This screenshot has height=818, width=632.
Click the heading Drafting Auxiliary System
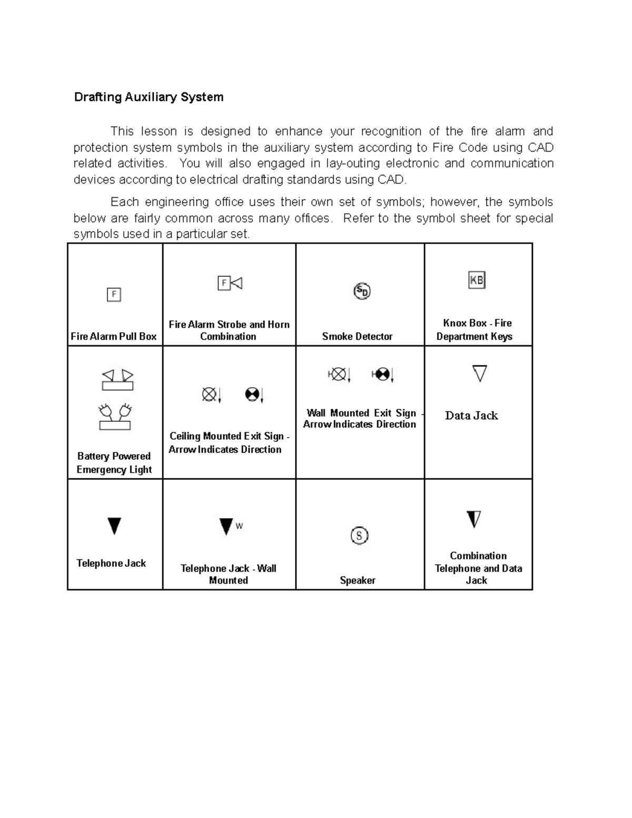tap(149, 97)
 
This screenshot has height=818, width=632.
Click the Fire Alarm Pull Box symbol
tap(114, 294)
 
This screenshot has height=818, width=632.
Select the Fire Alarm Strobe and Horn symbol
tap(230, 283)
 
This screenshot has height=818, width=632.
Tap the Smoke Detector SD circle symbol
tap(362, 291)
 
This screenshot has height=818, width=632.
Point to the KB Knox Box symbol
tap(477, 280)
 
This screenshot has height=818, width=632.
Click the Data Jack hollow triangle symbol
tap(479, 373)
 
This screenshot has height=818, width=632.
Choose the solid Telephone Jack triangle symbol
tap(114, 526)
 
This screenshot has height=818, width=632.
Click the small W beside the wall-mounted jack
tap(239, 526)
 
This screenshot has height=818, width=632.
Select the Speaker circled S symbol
tap(359, 536)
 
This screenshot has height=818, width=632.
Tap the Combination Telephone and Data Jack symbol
tap(474, 519)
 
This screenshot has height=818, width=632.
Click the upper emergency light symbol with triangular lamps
tap(117, 380)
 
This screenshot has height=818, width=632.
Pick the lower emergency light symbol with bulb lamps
tap(115, 417)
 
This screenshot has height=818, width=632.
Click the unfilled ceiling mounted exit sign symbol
tap(211, 394)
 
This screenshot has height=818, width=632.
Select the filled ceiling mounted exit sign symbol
tap(254, 394)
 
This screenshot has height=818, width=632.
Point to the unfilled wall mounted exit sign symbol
tap(339, 374)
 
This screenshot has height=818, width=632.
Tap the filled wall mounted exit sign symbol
tap(382, 374)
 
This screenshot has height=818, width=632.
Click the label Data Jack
tap(471, 416)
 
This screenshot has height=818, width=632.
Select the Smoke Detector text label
tap(357, 337)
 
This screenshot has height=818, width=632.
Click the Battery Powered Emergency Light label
tap(114, 463)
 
